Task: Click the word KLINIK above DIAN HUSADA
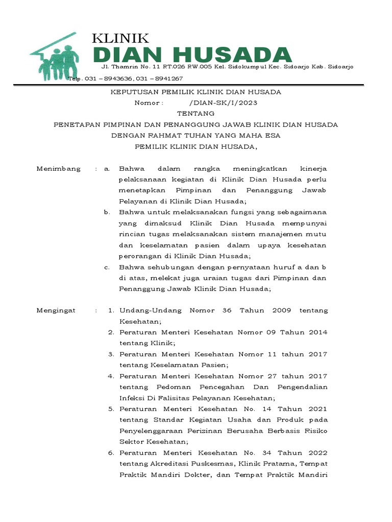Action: point(120,38)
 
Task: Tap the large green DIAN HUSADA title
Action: point(193,56)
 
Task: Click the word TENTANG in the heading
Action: point(196,114)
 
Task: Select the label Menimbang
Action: point(59,169)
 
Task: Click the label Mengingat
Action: point(56,310)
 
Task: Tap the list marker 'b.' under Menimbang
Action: point(106,212)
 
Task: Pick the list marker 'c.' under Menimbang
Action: point(106,267)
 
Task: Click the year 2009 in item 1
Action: point(281,310)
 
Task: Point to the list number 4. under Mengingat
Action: point(110,376)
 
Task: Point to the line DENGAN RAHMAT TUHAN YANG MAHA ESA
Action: point(196,136)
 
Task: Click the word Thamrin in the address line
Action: point(124,67)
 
